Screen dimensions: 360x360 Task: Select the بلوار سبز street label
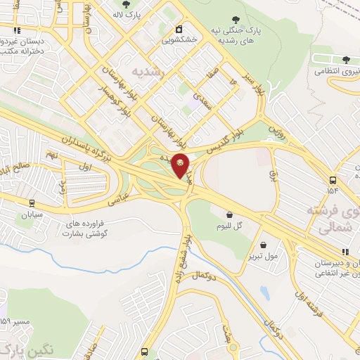255,87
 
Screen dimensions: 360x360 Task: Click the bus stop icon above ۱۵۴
333,179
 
